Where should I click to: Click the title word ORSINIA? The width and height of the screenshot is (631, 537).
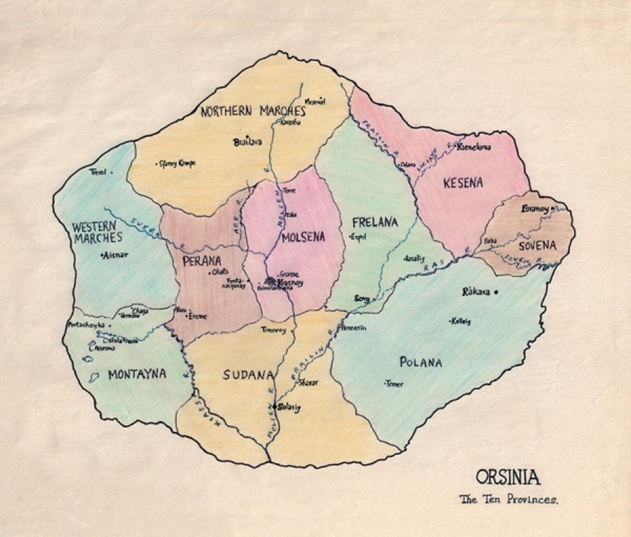[508, 478]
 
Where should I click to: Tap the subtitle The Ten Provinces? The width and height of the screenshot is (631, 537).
[509, 500]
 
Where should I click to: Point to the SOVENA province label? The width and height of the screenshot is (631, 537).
[537, 245]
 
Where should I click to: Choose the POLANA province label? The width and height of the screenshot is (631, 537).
[420, 362]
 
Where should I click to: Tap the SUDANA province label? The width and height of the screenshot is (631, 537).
[248, 374]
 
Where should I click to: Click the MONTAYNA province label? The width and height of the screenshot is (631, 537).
[137, 373]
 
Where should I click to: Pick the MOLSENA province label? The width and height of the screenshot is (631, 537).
[303, 237]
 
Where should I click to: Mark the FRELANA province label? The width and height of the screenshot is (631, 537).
[375, 223]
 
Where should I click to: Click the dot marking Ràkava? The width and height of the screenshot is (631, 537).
[496, 292]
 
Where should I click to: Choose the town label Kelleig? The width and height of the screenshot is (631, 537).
[461, 321]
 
